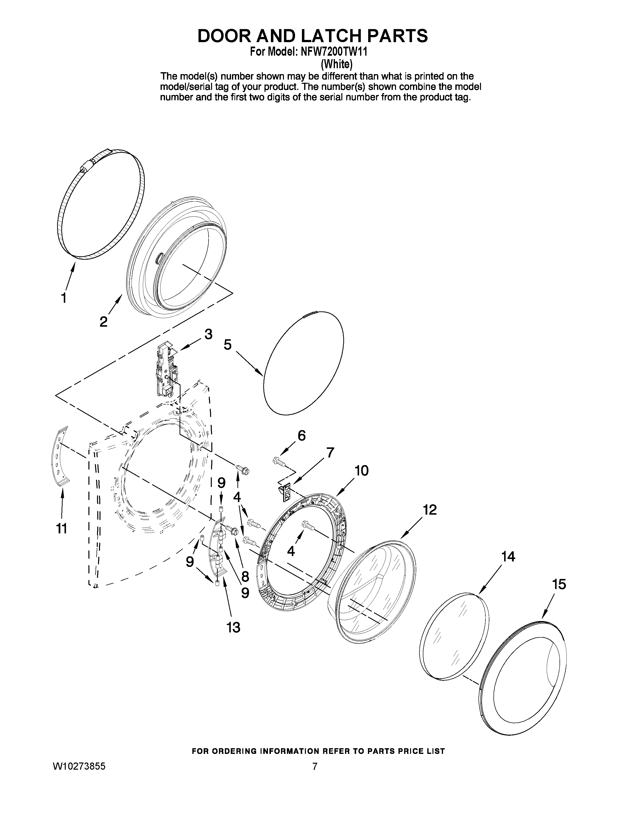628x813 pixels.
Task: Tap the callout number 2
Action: pyautogui.click(x=103, y=321)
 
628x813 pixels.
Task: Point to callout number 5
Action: pyautogui.click(x=227, y=345)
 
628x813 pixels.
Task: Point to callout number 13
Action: pyautogui.click(x=233, y=627)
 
